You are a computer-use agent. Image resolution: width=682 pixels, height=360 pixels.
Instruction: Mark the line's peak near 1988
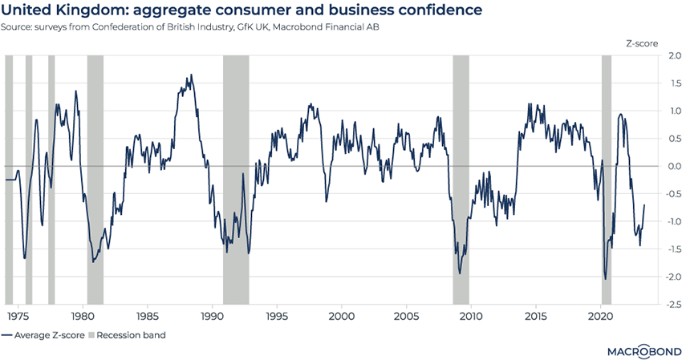pos(190,75)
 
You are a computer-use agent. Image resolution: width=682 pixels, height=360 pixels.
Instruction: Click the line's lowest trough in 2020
pos(605,279)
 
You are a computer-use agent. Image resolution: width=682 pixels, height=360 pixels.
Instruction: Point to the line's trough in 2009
pos(460,273)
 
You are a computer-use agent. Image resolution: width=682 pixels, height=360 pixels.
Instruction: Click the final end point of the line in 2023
pos(644,205)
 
